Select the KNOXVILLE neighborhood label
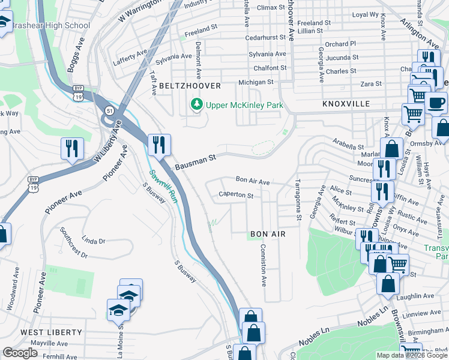pos(346,104)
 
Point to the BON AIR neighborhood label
pos(267,233)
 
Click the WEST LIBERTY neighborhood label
pos(51,332)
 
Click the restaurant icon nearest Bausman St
pos(159,145)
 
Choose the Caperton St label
pos(236,195)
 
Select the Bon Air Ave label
pos(253,180)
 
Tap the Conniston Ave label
pos(263,264)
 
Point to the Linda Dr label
pos(94,241)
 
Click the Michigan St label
pos(256,82)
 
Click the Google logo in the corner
pos(20,353)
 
